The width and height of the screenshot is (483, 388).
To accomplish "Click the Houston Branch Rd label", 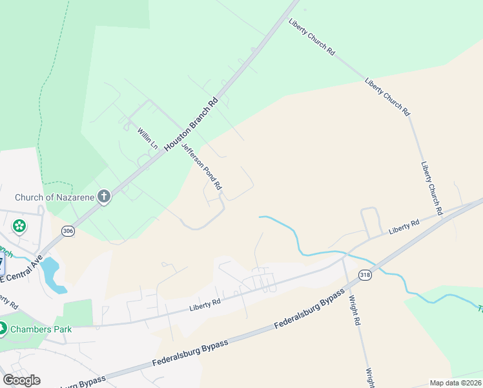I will tap(192, 124).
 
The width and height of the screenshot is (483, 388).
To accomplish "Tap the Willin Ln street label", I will tap(148, 138).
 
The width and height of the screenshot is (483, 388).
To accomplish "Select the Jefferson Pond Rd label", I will tap(202, 166).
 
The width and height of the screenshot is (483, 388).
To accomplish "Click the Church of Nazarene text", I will tap(55, 197).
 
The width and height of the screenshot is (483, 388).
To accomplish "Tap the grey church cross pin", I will tap(104, 197).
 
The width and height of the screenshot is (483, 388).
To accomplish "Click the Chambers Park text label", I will tap(45, 329).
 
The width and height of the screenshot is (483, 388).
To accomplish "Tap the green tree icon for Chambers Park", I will tap(3, 329).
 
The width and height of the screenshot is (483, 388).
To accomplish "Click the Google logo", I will tap(21, 380).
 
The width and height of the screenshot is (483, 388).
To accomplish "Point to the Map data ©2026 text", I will tap(455, 383).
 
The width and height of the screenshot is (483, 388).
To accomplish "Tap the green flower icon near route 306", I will tap(19, 226).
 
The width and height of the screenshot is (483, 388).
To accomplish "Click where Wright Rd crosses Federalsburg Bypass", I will tap(349, 285).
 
